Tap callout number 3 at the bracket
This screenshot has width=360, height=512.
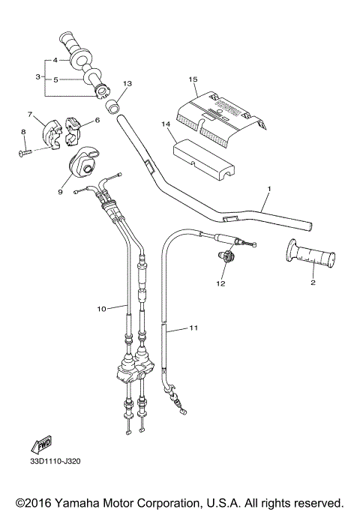37,76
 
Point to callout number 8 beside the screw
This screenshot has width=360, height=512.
22,133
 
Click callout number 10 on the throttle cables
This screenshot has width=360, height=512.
103,307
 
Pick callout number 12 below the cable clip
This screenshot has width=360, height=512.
220,284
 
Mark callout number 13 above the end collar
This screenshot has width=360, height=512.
127,83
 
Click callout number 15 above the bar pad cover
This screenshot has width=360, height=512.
193,79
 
